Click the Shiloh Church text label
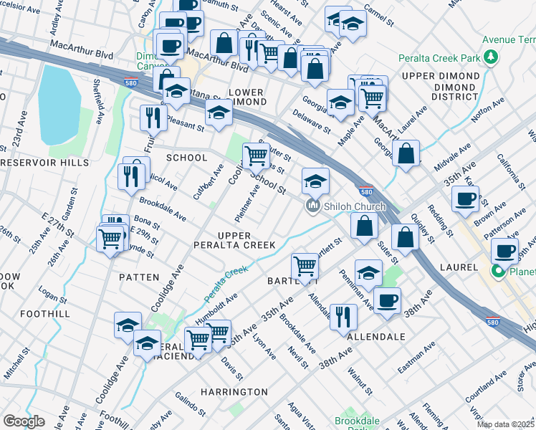coord(354,206)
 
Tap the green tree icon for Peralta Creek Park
coord(491,57)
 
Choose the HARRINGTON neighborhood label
coord(234,392)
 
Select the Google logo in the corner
coord(24,421)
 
